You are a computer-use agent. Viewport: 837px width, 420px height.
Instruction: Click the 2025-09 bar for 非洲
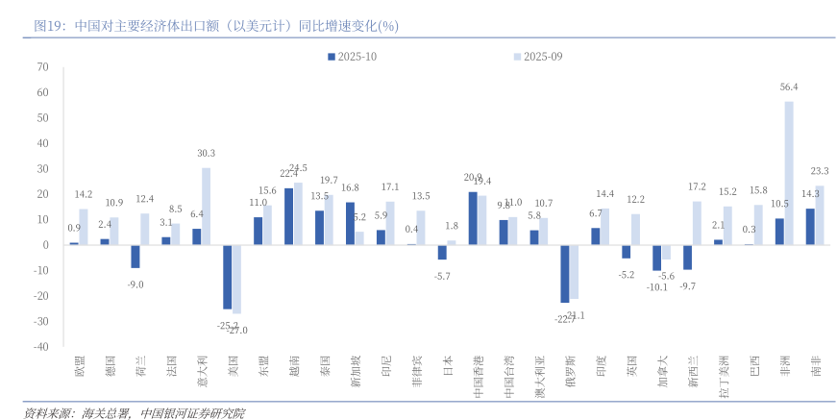[x=789, y=173]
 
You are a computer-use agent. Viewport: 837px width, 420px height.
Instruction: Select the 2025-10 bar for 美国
[x=227, y=277]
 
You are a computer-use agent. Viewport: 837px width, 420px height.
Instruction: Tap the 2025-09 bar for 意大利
[x=206, y=206]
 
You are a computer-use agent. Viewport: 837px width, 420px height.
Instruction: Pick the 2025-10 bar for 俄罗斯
[x=564, y=274]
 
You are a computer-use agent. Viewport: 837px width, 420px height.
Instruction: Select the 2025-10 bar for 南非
[x=810, y=226]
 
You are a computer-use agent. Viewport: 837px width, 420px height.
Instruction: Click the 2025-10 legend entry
[x=352, y=57]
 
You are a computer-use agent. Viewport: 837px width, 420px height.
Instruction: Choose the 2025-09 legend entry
[x=537, y=57]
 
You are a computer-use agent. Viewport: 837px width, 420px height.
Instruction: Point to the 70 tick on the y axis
[x=42, y=67]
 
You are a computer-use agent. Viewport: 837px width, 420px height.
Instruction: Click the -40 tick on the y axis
[x=40, y=347]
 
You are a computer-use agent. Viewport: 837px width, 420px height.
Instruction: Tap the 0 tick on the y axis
[x=45, y=245]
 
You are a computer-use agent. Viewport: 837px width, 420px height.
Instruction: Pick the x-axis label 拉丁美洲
[x=722, y=375]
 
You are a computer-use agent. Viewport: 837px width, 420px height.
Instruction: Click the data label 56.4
[x=789, y=86]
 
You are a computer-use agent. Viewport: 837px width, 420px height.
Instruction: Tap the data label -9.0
[x=135, y=284]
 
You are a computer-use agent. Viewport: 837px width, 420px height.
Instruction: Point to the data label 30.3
[x=206, y=153]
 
